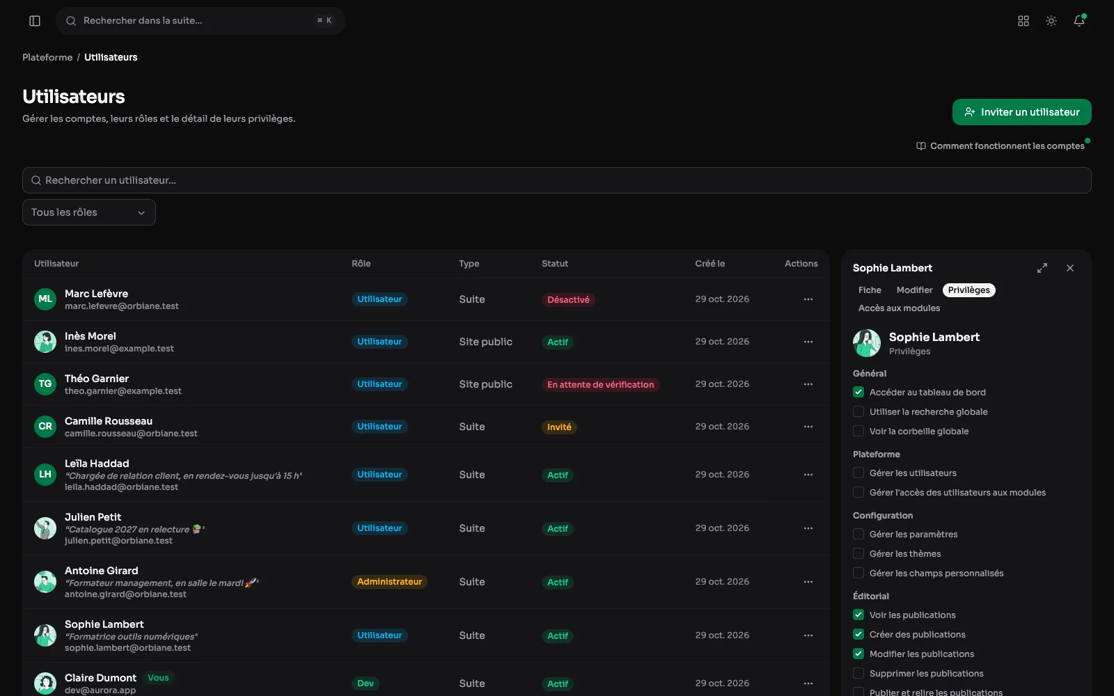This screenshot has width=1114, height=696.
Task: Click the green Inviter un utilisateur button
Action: click(1021, 112)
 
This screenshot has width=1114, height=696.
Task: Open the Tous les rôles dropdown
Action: click(89, 212)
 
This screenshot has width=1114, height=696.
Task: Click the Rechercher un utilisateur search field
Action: click(556, 180)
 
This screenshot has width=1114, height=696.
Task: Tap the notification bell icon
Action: click(1078, 20)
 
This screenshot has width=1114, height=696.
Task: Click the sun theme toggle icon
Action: click(1051, 21)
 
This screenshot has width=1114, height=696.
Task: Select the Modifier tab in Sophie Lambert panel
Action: click(914, 290)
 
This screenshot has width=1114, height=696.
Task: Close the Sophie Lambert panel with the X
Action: click(1069, 268)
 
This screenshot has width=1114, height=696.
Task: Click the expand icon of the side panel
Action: click(1042, 268)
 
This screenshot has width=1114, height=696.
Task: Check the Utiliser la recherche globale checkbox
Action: click(858, 411)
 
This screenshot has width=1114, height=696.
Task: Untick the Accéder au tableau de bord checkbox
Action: click(858, 393)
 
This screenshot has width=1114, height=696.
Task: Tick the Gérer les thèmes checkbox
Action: click(858, 553)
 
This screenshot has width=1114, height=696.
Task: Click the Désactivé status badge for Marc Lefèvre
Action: click(568, 299)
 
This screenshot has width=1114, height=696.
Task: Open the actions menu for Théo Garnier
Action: click(808, 384)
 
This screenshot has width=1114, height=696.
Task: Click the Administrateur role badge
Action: click(389, 582)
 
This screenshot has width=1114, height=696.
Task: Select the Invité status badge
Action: click(559, 427)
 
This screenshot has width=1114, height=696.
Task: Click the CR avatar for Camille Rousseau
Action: click(45, 427)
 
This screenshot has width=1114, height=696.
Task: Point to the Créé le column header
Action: click(709, 264)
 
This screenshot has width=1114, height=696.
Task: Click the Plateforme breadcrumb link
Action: click(47, 57)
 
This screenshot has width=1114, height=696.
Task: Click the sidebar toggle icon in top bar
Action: click(35, 21)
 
